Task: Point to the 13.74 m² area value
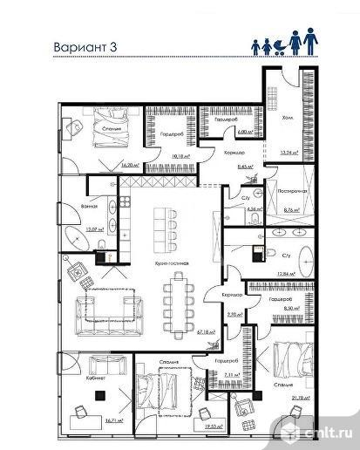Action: (288, 152)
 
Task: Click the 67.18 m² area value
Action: (207, 332)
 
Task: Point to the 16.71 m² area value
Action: (114, 419)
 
